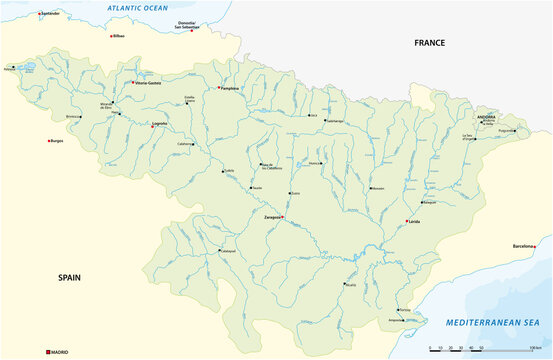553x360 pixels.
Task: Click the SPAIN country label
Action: click(69, 277)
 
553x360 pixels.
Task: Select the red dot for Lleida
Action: click(406, 221)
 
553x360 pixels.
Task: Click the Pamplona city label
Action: click(232, 88)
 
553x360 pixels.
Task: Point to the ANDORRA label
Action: click(483, 116)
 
